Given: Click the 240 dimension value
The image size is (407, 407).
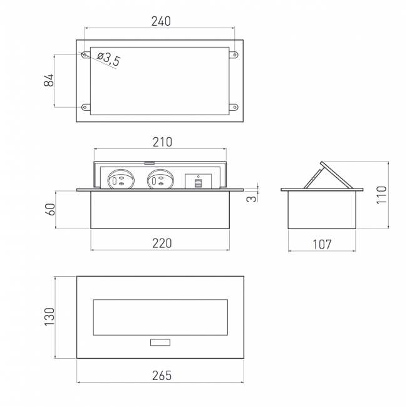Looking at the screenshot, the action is click(x=161, y=21).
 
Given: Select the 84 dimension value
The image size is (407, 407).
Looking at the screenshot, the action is click(x=49, y=80).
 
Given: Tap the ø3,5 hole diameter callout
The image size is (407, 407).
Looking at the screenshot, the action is click(x=109, y=59).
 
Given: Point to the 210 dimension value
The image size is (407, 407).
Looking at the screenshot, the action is click(x=162, y=142).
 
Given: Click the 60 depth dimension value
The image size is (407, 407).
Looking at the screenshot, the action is click(x=50, y=209).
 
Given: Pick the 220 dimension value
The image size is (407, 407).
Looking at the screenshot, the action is click(x=162, y=243).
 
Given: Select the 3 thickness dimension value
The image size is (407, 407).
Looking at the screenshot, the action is click(x=251, y=199).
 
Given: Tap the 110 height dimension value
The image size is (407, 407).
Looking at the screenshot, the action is click(x=381, y=195).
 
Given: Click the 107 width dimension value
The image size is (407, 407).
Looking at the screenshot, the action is click(x=322, y=244).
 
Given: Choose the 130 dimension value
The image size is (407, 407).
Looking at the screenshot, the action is click(x=49, y=317).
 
